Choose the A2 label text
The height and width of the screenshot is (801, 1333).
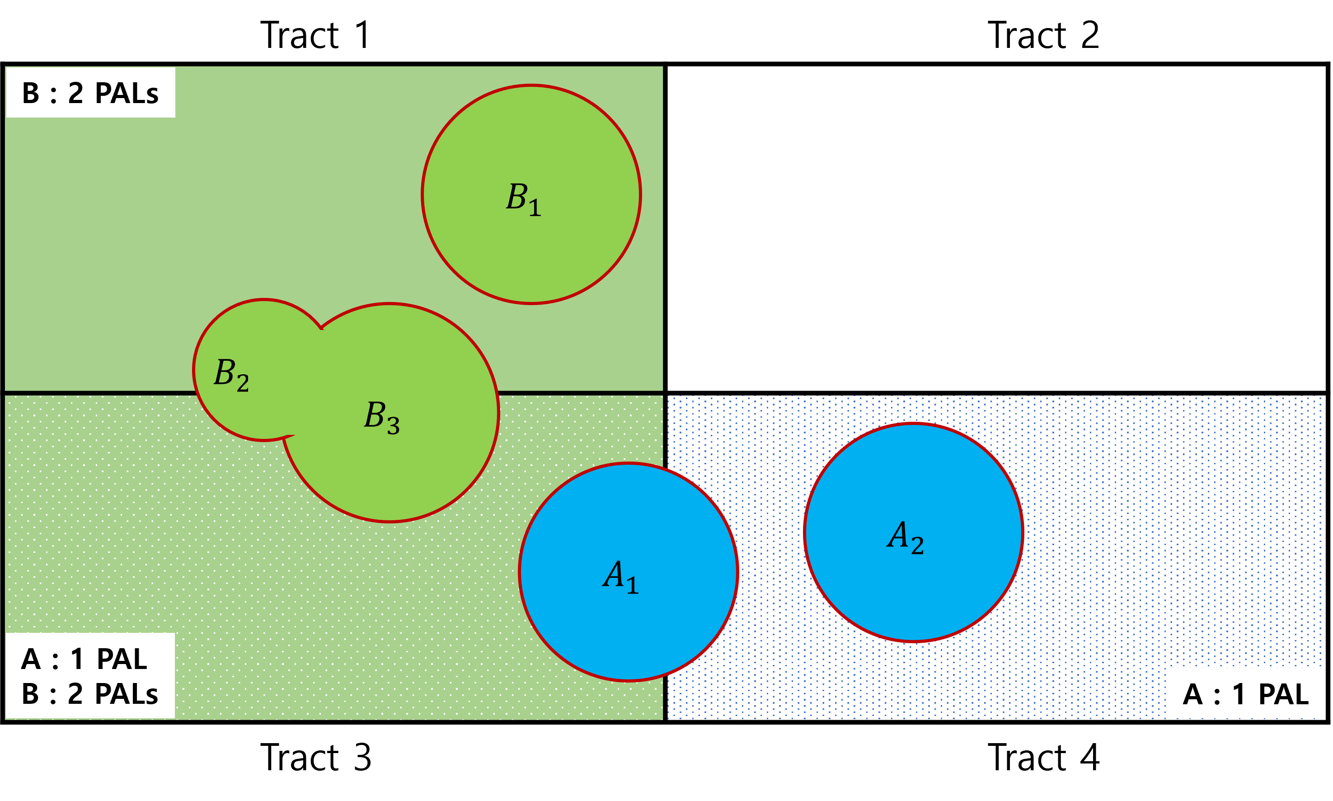pos(905,537)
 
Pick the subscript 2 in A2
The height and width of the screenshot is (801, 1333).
pos(918,545)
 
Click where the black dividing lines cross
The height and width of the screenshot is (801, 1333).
pos(665,392)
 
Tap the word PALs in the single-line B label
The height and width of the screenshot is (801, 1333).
pos(127,94)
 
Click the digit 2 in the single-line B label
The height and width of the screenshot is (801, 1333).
pos(75,94)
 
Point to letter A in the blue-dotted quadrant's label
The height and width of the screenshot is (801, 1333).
pos(1193,694)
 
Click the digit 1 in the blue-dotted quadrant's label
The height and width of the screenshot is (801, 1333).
pos(1239,694)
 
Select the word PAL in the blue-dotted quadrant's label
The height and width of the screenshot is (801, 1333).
pos(1283,694)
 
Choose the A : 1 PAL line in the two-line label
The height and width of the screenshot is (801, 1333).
pos(84,659)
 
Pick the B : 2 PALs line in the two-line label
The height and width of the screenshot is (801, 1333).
pos(89,694)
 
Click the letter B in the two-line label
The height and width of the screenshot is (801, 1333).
pos(30,694)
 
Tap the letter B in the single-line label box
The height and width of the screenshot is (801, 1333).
pos(31,94)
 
